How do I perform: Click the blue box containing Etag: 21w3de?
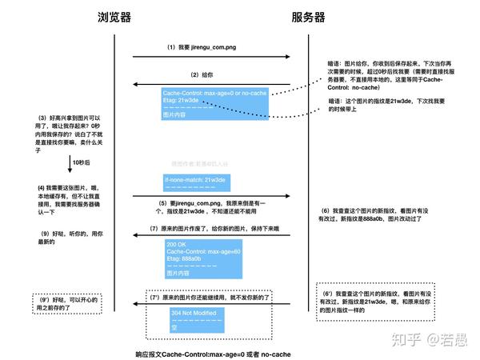tap(215, 103)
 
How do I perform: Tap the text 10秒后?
tap(80, 162)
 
